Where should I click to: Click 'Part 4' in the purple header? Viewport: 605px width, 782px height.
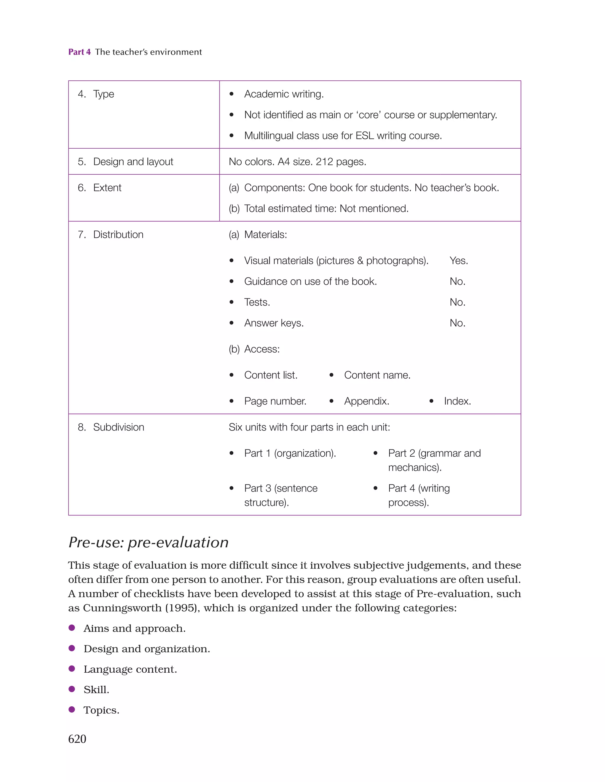coord(79,52)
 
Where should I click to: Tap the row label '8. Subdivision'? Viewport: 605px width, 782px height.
coord(111,427)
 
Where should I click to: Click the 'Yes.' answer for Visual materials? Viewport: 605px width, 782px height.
coord(458,260)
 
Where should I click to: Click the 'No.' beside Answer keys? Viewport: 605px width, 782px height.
coord(457,323)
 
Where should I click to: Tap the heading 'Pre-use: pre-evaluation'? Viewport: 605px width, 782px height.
coord(148,542)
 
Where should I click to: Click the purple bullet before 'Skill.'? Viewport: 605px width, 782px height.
coord(71,689)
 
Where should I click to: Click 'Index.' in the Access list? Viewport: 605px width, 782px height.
coord(457,401)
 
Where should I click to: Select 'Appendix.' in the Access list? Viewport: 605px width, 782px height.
coord(366,401)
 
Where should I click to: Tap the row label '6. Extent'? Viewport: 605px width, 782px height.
coord(100,188)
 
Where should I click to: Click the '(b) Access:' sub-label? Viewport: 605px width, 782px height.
coord(254,349)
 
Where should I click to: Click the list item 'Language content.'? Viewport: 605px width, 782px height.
coord(130,669)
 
